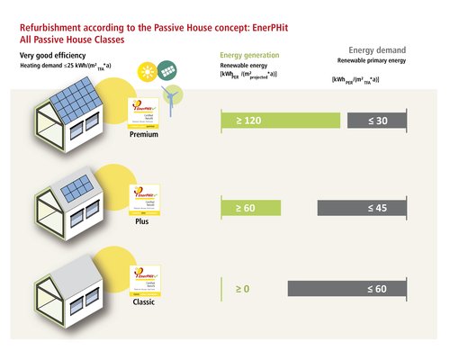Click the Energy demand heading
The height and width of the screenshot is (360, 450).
378,50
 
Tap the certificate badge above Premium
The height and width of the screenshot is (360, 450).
144,112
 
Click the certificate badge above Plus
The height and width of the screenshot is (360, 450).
144,198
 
